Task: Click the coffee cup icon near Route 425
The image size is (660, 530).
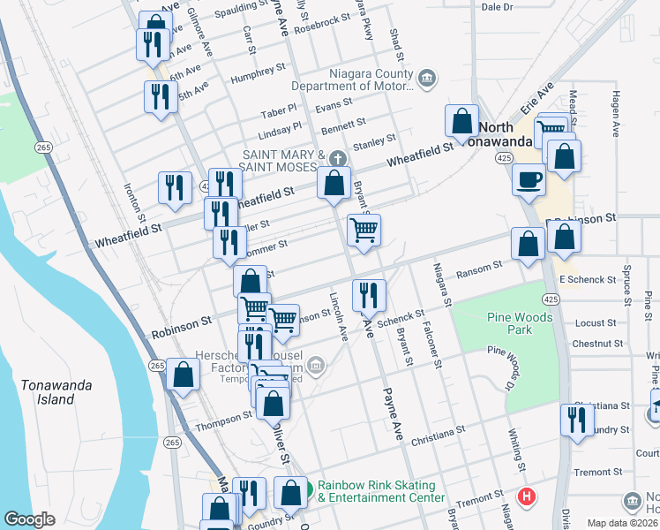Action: [529, 179]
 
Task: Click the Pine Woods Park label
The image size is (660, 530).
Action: [509, 322]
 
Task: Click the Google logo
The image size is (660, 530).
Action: [30, 519]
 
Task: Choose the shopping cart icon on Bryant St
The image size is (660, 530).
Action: [364, 231]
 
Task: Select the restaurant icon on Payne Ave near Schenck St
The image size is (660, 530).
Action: [368, 295]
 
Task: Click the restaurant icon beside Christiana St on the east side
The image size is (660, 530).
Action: [578, 420]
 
